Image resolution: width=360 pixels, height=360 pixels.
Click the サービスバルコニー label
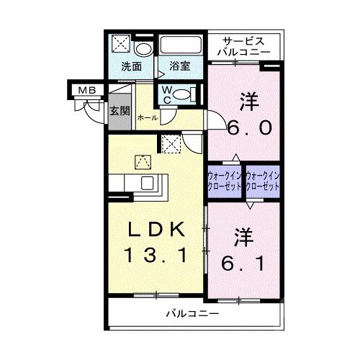point(246,47)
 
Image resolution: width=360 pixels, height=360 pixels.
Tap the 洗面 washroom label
point(130,67)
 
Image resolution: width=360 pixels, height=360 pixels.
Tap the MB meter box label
point(86,90)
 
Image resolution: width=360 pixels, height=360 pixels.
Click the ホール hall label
point(147,117)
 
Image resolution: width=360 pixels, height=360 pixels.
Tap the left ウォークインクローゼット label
point(225,181)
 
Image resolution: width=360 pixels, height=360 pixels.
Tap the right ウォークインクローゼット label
point(261,181)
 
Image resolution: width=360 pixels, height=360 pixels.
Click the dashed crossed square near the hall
point(171,145)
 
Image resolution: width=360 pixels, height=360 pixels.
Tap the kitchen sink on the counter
point(149,183)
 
